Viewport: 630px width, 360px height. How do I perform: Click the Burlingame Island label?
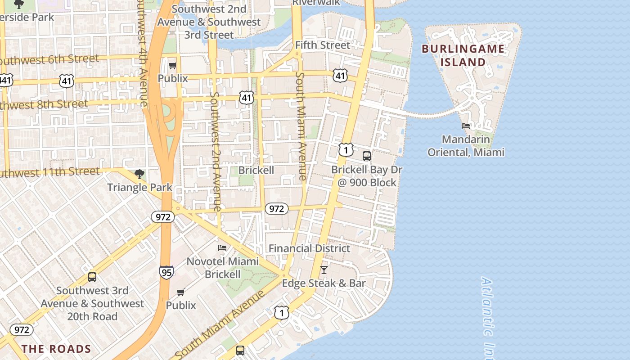(463, 55)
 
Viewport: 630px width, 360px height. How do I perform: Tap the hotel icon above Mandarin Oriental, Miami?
(466, 126)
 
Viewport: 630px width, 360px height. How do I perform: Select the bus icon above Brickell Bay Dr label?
(367, 156)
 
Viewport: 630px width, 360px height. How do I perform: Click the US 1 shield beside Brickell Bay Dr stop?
(346, 150)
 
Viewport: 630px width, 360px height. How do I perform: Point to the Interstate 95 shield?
(166, 272)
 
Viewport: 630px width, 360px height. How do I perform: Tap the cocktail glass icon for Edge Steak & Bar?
(324, 270)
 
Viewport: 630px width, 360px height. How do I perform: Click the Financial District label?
(309, 248)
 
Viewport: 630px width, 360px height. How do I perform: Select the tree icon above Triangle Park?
(139, 174)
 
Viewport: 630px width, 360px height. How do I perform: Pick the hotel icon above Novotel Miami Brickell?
(222, 247)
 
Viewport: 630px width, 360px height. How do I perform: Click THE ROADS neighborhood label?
(56, 349)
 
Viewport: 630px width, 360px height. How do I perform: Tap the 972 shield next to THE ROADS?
(22, 330)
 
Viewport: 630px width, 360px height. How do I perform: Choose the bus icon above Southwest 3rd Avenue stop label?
(92, 277)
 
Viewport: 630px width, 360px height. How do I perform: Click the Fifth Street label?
(322, 45)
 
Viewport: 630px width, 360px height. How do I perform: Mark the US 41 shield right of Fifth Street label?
(340, 76)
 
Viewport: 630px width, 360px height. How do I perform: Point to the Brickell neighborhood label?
(256, 171)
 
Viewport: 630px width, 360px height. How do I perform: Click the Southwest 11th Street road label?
(49, 172)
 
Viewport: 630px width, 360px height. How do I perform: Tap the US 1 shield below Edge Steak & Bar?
(282, 312)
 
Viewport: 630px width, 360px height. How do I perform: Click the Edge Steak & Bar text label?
(324, 283)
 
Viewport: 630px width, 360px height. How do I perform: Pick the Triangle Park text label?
(139, 187)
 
